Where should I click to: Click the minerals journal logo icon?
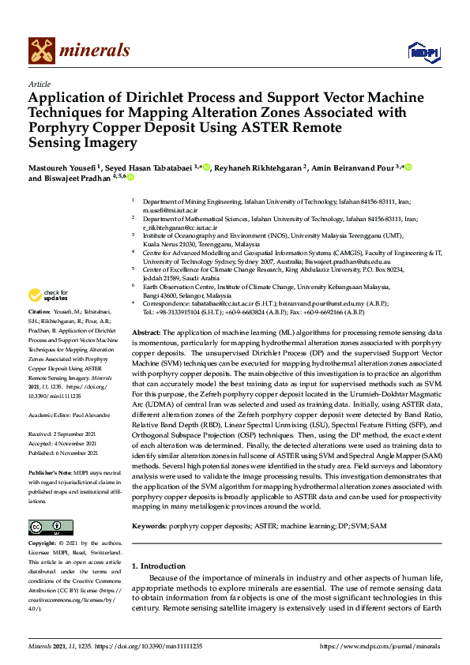(x=41, y=51)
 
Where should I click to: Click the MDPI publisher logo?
(x=423, y=52)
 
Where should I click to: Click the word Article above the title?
(x=39, y=84)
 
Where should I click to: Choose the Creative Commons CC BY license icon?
(x=45, y=527)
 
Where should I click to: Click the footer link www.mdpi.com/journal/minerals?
(x=380, y=647)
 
